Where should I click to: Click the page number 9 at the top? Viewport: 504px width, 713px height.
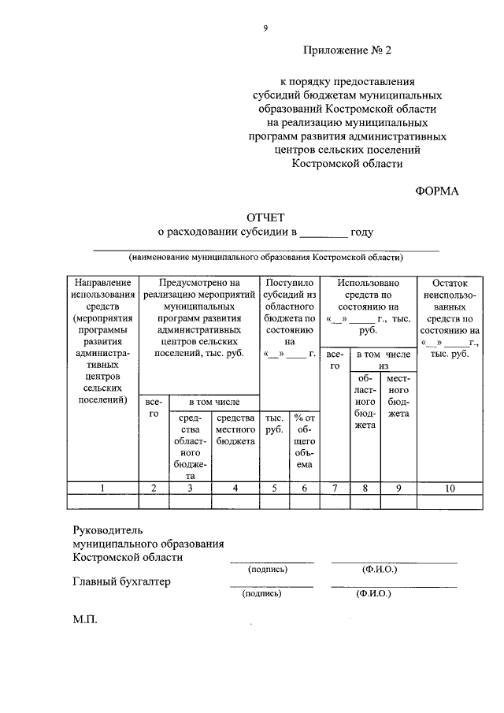point(265,28)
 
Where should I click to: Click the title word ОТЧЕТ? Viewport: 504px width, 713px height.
point(265,217)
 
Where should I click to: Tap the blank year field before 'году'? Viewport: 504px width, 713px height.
point(324,232)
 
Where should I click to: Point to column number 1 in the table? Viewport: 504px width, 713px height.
point(102,488)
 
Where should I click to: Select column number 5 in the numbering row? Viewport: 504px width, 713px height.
point(274,488)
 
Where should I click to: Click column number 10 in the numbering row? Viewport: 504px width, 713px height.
point(450,488)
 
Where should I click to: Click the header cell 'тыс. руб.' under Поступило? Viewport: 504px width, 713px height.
point(274,425)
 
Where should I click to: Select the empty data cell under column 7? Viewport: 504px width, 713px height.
point(335,502)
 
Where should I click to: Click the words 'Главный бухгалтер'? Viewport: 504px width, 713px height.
point(121,582)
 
